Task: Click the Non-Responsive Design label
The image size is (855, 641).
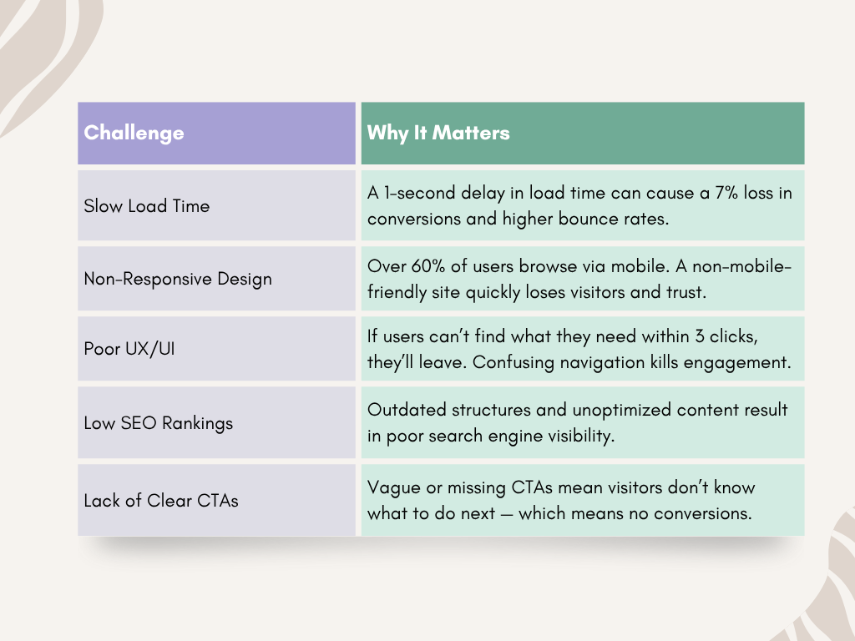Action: (178, 279)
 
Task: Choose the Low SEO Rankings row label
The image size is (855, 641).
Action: (158, 423)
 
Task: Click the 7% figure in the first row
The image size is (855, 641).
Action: (726, 193)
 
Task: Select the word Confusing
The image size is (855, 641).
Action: (514, 363)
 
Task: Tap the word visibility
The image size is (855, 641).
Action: (581, 436)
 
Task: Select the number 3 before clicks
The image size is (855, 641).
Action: (700, 336)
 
